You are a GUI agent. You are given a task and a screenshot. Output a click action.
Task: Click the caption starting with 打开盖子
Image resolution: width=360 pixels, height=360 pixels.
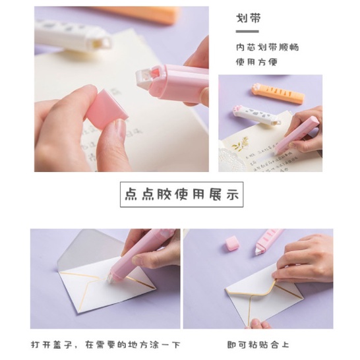click(x=105, y=345)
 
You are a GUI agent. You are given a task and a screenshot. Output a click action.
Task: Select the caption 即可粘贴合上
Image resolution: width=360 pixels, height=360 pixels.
click(x=258, y=345)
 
